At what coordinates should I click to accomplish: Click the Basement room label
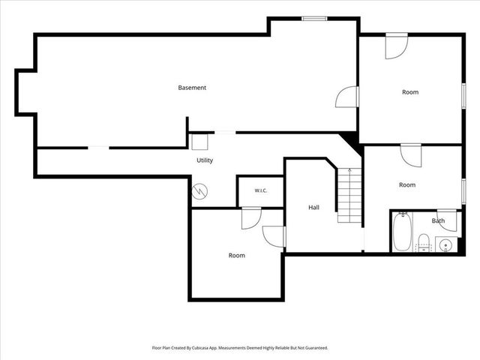[x=192, y=88]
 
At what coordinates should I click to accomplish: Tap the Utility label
[x=205, y=160]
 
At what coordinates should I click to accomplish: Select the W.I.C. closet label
[x=261, y=190]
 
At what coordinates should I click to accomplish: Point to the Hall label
[x=313, y=208]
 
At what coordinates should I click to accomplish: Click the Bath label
[x=438, y=220]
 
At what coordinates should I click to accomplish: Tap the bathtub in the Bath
[x=402, y=232]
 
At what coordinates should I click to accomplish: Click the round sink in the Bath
[x=445, y=245]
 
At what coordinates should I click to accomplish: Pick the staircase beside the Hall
[x=349, y=195]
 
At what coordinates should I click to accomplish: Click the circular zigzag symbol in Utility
[x=199, y=192]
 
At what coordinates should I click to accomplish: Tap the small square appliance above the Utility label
[x=199, y=142]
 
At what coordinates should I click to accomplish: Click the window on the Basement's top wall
[x=314, y=19]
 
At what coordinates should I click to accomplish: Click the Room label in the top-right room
[x=410, y=92]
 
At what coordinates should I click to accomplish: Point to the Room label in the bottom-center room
[x=237, y=255]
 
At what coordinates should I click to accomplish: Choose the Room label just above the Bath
[x=407, y=185]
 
